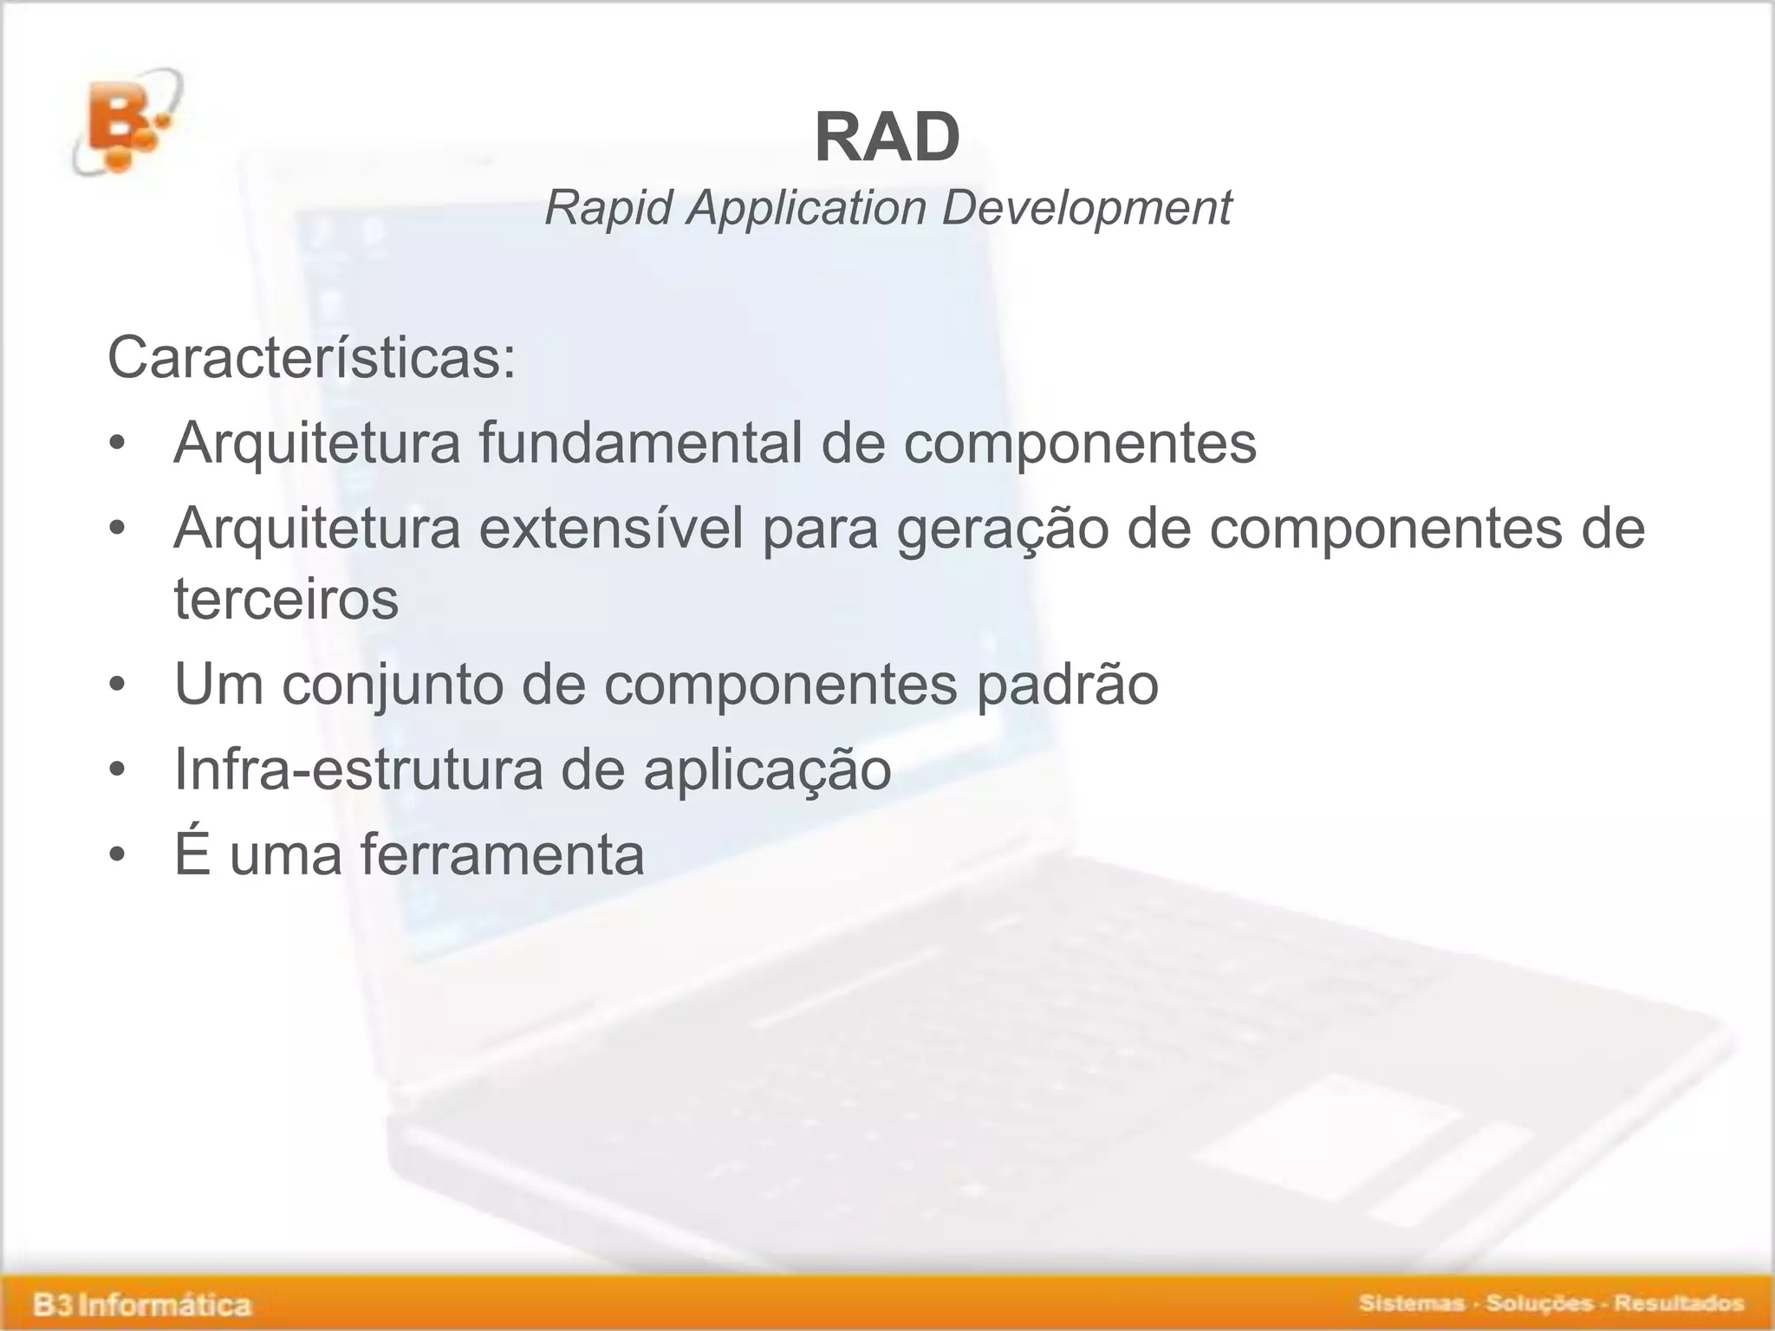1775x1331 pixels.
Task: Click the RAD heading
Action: [x=887, y=139]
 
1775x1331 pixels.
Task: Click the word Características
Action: [x=310, y=358]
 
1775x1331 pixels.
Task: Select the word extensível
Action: [x=611, y=528]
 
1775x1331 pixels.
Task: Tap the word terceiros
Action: [x=286, y=599]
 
